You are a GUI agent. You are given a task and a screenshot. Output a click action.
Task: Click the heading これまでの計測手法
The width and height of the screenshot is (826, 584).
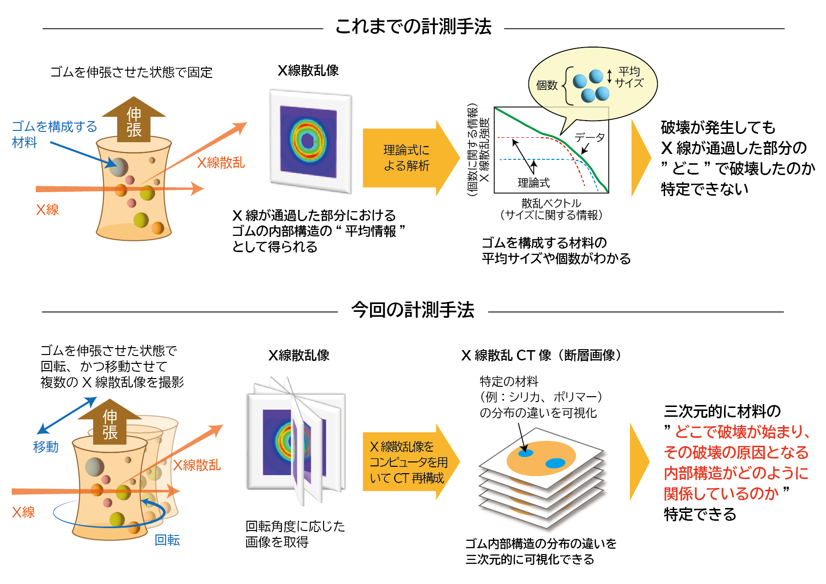coord(413,27)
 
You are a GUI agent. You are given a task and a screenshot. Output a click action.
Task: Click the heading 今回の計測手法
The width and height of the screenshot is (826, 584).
coord(413,310)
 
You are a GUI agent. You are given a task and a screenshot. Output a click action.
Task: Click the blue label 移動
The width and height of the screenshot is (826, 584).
coord(46,447)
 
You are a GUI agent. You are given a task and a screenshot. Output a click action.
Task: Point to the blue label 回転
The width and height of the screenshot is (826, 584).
coord(167,540)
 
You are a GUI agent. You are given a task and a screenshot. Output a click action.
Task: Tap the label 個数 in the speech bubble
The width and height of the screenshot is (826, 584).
coord(547,86)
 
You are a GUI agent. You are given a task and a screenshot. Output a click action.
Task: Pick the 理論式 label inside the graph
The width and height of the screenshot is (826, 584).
coord(533,182)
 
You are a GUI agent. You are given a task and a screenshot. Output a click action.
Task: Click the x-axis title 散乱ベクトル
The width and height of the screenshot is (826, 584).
coord(551,203)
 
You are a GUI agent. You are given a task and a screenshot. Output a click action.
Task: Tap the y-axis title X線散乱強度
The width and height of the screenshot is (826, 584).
coord(484,150)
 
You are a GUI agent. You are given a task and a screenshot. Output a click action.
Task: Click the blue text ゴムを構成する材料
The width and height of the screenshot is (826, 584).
coord(54,134)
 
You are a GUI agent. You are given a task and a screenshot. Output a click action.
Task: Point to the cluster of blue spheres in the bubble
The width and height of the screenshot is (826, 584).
coord(591,86)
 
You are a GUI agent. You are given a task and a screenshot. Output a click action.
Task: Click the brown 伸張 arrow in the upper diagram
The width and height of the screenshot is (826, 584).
coord(134,120)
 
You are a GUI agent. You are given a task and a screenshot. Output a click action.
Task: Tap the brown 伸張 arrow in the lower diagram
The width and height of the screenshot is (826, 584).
coord(110,422)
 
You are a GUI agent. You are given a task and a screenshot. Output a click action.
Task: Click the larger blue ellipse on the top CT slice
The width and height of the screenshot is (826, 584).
coord(555,463)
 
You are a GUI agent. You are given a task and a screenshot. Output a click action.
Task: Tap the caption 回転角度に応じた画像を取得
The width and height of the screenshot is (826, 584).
coord(295,534)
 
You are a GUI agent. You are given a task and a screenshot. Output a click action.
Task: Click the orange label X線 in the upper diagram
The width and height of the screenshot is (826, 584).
coord(48,210)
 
